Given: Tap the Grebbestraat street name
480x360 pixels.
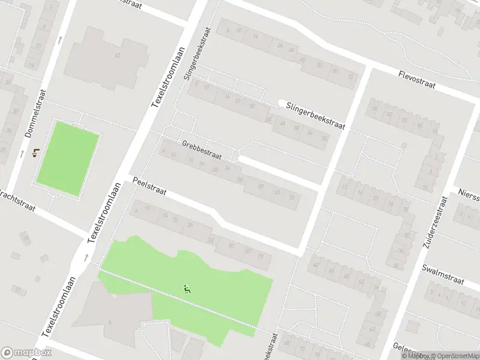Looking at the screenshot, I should pyautogui.click(x=202, y=150).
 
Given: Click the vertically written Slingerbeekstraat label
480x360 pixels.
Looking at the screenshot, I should pyautogui.click(x=199, y=53).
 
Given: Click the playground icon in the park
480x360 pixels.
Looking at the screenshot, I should pyautogui.click(x=187, y=289).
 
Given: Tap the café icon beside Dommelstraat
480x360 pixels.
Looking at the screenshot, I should pyautogui.click(x=36, y=152).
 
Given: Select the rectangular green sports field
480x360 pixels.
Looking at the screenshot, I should pyautogui.click(x=68, y=158).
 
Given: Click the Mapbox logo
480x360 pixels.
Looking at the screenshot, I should pyautogui.click(x=26, y=353).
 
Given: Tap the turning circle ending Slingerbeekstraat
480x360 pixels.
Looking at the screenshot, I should pyautogui.click(x=281, y=103).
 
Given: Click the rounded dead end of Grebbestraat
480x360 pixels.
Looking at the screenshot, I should pyautogui.click(x=241, y=159).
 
